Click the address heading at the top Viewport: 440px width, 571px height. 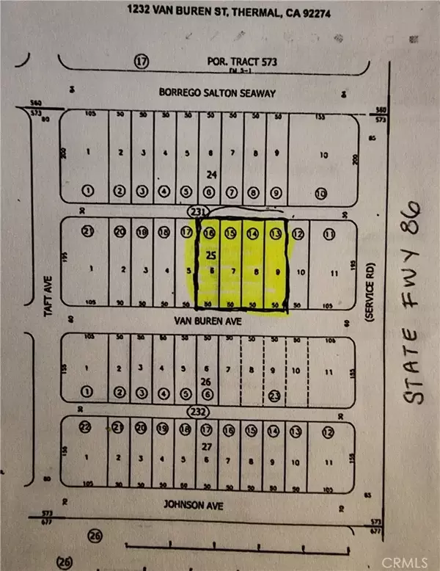(219, 12)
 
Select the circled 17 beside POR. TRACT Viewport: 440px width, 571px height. (142, 63)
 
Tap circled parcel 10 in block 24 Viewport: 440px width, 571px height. (320, 194)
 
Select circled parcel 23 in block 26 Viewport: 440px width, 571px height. (274, 394)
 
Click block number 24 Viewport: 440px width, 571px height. (210, 175)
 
